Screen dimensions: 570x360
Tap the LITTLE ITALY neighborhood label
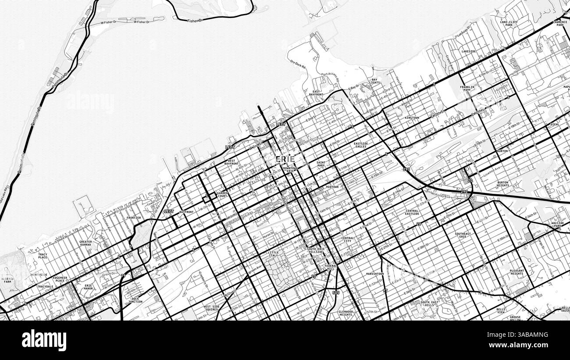tap(273, 254)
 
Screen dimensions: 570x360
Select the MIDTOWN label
tap(332, 187)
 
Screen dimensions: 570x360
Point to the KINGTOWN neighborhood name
tap(412, 118)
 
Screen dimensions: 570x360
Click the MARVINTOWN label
tap(375, 274)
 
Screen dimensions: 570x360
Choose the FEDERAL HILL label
tap(330, 267)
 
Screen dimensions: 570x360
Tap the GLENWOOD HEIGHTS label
tap(346, 313)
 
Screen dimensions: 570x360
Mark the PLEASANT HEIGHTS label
tap(517, 272)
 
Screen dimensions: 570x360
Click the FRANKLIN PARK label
tap(467, 88)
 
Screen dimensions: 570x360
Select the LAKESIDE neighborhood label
tap(469, 51)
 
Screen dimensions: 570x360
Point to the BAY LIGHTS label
tap(374, 81)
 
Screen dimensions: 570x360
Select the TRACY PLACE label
tap(43, 256)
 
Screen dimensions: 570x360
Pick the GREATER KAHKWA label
tap(85, 243)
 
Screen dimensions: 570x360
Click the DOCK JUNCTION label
tap(135, 300)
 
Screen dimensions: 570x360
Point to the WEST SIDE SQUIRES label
tap(211, 308)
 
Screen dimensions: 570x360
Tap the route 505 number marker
tap(336, 292)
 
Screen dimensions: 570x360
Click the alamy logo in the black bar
tap(44, 340)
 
